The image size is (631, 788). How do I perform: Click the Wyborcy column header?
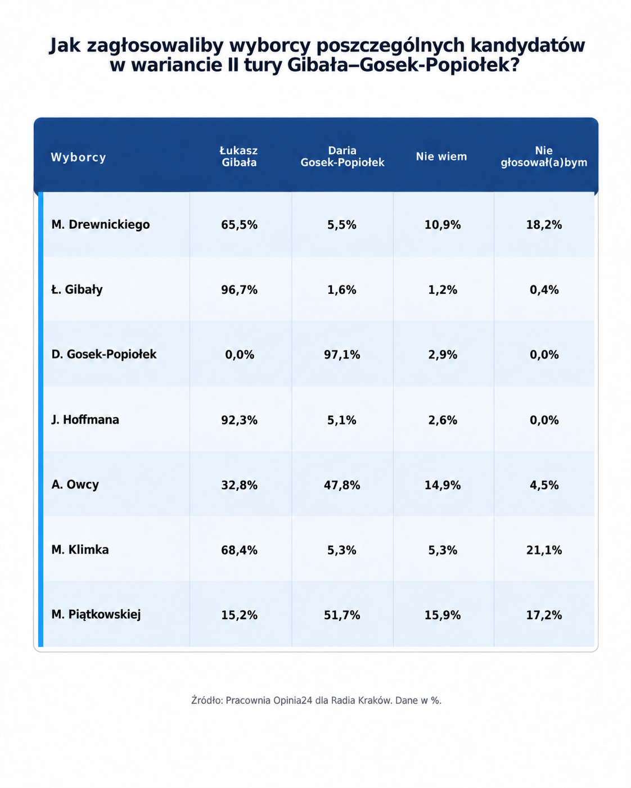[78, 157]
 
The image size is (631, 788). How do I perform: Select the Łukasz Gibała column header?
[239, 156]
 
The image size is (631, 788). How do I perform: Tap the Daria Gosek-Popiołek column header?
[342, 156]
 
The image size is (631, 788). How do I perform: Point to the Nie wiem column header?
[441, 157]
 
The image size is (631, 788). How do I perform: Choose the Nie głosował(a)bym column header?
[544, 156]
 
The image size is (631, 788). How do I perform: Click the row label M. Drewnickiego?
[101, 224]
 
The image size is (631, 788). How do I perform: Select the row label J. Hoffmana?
[85, 420]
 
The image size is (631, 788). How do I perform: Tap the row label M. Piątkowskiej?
[96, 614]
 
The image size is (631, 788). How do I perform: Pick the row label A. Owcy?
[75, 484]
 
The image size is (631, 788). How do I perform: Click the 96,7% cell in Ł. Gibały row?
[239, 290]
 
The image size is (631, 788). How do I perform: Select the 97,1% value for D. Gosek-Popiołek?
[342, 355]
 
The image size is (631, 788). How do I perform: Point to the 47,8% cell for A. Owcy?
[342, 485]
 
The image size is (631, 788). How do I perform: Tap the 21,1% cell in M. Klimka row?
[544, 550]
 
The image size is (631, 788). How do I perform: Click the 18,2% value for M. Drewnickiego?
[544, 225]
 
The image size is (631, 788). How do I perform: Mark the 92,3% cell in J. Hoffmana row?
[239, 420]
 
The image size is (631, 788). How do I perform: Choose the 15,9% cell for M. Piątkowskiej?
[443, 615]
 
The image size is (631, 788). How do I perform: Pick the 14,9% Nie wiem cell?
[443, 485]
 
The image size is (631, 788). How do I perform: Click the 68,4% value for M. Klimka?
[239, 550]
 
